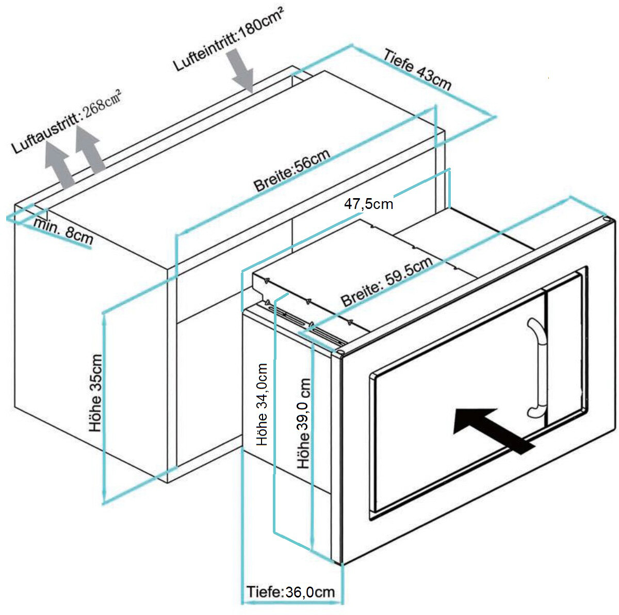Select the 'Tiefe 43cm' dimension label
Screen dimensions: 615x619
(417, 70)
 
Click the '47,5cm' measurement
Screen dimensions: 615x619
(368, 204)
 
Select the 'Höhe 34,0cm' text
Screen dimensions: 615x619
(263, 405)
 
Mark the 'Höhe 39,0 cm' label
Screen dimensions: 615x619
(304, 424)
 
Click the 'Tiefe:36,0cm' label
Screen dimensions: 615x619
(290, 592)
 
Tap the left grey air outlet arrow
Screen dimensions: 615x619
(59, 165)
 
